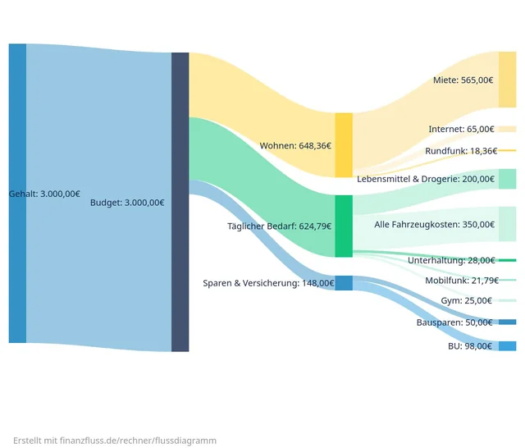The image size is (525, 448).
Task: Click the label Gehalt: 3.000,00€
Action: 44,194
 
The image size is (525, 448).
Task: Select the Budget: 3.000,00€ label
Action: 126,203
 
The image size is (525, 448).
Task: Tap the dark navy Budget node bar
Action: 180,202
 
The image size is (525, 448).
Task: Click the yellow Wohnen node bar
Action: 343,145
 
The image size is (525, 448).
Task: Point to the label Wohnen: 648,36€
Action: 295,146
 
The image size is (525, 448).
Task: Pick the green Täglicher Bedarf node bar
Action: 343,226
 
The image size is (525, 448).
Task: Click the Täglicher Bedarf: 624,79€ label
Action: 279,226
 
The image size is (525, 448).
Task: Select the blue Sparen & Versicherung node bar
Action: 343,283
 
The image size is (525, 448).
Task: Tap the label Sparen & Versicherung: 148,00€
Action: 268,283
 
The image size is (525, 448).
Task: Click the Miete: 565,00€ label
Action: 463,80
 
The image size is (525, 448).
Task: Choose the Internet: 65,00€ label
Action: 461,130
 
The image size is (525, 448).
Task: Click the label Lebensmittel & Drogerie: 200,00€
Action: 425,179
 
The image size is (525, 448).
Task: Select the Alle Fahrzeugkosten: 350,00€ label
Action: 434,224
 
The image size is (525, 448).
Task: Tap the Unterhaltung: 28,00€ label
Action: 451,260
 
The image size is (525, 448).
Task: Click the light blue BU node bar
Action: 507,346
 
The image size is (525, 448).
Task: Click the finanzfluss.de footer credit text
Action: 115,441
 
